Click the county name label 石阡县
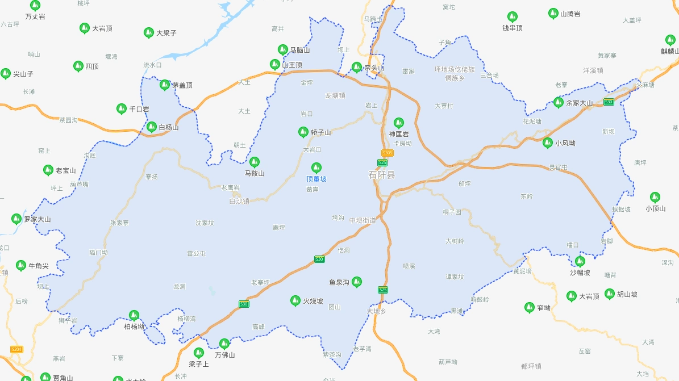(x=382, y=174)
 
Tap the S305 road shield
(x=388, y=153)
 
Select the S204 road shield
(x=17, y=349)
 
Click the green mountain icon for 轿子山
(x=303, y=132)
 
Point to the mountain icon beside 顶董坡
(x=316, y=168)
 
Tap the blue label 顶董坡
(x=316, y=179)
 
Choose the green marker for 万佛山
(x=224, y=344)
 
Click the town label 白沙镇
(x=239, y=201)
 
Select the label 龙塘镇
(x=335, y=95)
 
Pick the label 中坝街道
(x=363, y=220)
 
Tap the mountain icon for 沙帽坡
(x=580, y=261)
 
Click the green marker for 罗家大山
(x=16, y=219)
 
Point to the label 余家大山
(x=580, y=103)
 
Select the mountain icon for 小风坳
(x=548, y=143)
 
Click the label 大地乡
(x=377, y=311)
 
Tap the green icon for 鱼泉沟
(x=357, y=282)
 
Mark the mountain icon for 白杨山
(x=152, y=127)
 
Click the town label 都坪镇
(x=531, y=366)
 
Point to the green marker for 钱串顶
(x=513, y=16)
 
